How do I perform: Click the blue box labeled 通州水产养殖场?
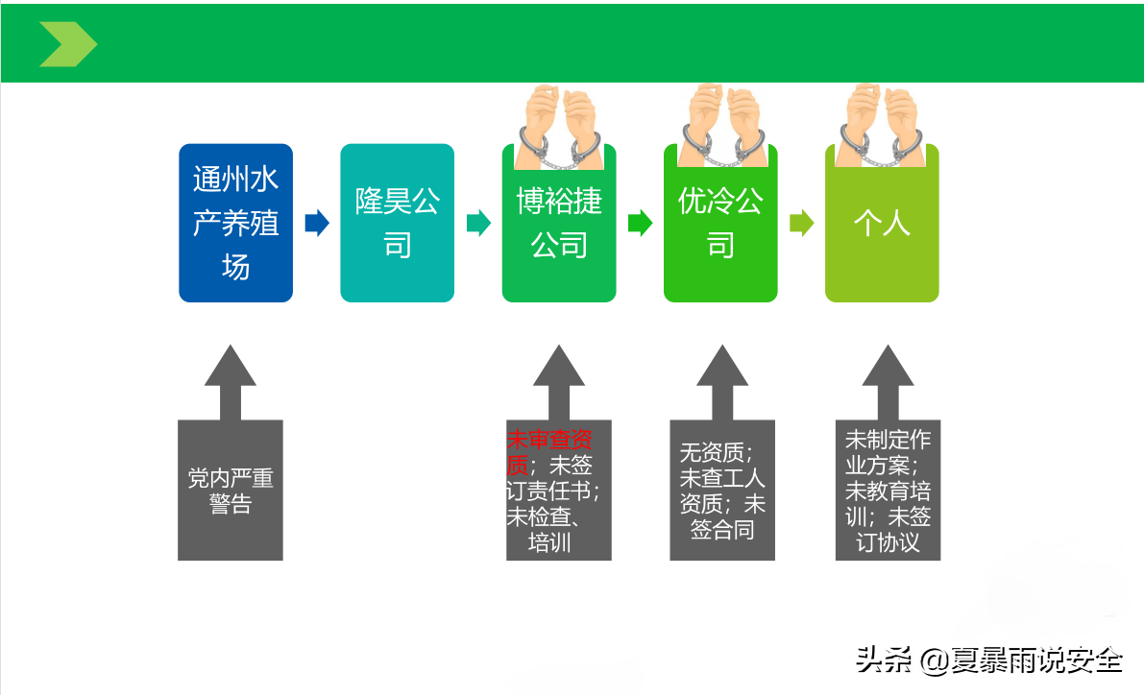pos(235,223)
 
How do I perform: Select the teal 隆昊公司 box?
pos(397,223)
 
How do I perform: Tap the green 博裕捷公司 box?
pos(559,223)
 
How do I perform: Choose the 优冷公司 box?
pos(720,223)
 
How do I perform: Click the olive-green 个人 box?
pos(882,223)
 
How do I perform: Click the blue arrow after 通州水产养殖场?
pos(317,223)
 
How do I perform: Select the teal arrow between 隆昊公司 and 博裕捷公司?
pos(478,223)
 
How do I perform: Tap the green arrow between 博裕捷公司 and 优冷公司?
pos(640,223)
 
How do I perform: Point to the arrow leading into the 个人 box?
pos(801,223)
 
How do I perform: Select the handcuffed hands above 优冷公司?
pos(721,126)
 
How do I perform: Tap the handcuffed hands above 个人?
pos(882,126)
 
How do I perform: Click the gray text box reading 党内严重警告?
pos(230,491)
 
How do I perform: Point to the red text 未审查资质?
pos(548,451)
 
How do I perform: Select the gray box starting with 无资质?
pos(722,491)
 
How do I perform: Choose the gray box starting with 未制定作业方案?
pos(888,491)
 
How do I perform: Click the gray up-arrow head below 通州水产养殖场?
pos(230,367)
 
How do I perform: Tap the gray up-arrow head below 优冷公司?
pos(722,367)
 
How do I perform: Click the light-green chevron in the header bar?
pos(68,44)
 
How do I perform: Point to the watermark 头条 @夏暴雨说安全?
pos(988,660)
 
